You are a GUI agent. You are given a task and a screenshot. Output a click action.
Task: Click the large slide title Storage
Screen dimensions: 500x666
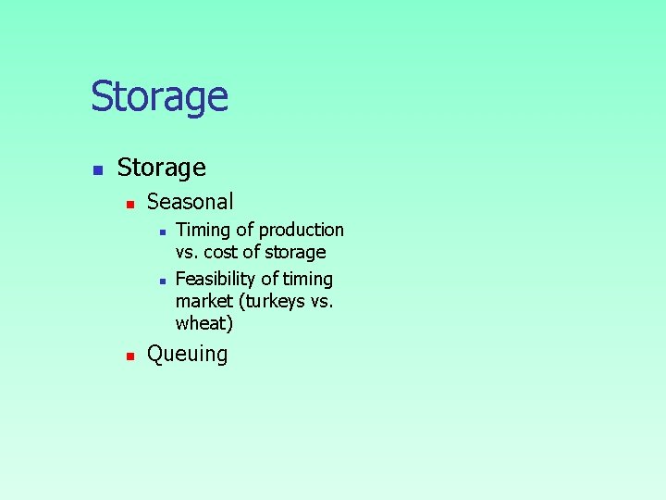[x=159, y=97]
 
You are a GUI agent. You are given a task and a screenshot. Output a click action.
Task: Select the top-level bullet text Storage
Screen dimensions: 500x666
[x=162, y=168]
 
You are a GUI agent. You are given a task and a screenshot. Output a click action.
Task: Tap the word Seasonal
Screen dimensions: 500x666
[x=191, y=202]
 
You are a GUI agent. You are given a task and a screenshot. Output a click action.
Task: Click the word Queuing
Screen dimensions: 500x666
[x=188, y=355]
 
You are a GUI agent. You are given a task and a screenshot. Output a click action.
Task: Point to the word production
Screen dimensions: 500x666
[x=302, y=230]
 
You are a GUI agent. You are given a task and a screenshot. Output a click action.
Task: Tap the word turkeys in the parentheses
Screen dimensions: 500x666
[x=277, y=301]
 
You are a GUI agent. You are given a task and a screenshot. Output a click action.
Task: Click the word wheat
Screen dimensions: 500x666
[x=203, y=323]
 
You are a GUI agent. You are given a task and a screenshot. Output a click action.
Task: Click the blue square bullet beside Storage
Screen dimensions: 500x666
[x=97, y=170]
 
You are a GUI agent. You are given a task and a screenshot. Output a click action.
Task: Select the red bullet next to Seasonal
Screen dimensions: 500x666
[x=131, y=204]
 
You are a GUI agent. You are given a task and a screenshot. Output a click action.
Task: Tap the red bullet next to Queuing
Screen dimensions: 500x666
[x=131, y=356]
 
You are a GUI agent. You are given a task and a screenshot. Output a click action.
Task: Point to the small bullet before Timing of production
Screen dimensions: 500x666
[x=162, y=231]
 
